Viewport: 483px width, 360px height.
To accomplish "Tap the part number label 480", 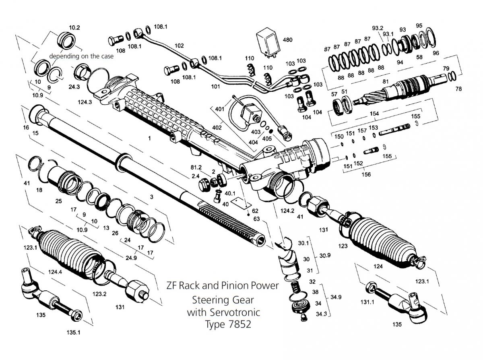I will pyautogui.click(x=288, y=40).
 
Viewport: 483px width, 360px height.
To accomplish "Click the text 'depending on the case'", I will pyautogui.click(x=81, y=56).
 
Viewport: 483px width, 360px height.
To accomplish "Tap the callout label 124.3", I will pyautogui.click(x=85, y=102).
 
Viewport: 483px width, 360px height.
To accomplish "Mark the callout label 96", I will pyautogui.click(x=436, y=53).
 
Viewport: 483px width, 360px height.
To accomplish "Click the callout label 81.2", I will pyautogui.click(x=196, y=167).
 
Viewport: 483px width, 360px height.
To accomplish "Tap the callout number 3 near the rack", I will pyautogui.click(x=151, y=197).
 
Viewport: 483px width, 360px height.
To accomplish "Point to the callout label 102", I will pyautogui.click(x=179, y=46).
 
